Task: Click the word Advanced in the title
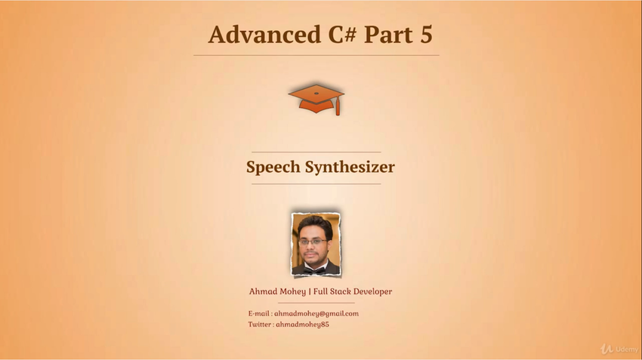264,34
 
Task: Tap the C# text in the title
342,35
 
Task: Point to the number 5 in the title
426,35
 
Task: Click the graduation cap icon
316,100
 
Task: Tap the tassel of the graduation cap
338,107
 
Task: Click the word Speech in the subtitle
273,167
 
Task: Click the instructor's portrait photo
316,244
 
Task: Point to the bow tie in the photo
314,270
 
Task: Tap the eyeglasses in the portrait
313,242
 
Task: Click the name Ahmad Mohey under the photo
277,291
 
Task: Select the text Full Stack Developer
353,291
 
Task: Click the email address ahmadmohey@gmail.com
316,314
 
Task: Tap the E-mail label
259,314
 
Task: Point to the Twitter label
260,325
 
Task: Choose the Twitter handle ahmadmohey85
302,325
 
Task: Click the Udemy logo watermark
619,349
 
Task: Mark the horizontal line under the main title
316,55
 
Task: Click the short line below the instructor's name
316,303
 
